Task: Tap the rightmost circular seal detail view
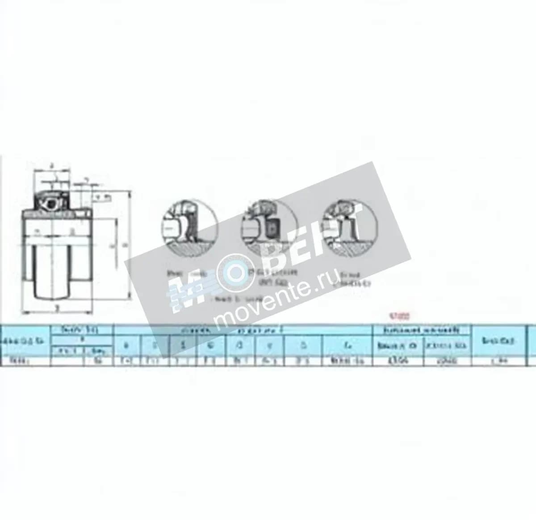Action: [347, 227]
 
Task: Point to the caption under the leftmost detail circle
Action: [181, 274]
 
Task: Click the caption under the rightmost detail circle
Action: [353, 279]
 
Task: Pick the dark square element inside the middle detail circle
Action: [271, 229]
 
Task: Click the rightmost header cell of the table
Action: [498, 341]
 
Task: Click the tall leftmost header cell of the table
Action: [25, 341]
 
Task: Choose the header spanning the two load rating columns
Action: [422, 330]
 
